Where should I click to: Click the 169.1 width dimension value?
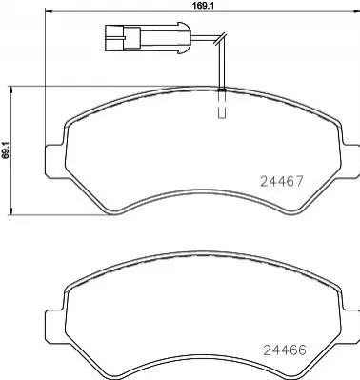coord(201,5)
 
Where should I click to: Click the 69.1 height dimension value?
coord(4,150)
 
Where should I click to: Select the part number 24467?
coord(282,181)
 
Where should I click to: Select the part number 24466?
coord(285,350)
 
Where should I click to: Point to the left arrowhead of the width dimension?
coord(48,11)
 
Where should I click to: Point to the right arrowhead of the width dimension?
coord(356,11)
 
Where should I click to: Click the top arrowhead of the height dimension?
coord(11,90)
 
